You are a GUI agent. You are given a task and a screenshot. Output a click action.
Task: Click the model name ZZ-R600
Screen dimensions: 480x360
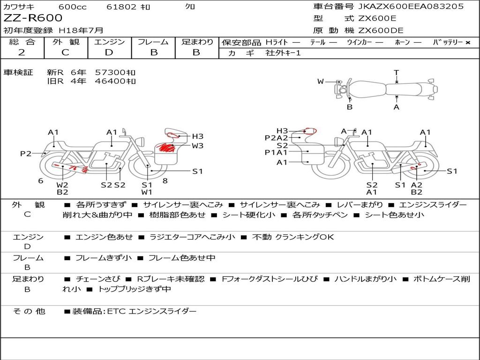click(33, 18)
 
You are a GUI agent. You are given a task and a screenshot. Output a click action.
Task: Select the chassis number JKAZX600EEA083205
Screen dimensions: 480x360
click(411, 7)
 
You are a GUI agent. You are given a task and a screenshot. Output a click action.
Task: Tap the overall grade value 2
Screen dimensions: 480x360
click(22, 52)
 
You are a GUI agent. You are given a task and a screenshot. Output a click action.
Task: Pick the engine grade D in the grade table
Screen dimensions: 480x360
click(109, 52)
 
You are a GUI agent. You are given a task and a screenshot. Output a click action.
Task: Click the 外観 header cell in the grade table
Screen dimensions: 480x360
click(66, 42)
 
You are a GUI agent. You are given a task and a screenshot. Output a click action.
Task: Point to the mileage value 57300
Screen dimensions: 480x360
click(111, 73)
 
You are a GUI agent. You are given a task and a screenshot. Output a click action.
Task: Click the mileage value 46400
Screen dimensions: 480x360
click(111, 81)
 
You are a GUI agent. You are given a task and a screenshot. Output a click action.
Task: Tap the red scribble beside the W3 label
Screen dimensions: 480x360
click(166, 148)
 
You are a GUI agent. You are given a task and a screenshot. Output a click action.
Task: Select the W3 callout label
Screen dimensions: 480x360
click(197, 146)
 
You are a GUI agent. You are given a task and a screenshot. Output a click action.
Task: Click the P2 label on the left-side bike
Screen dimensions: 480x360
click(26, 153)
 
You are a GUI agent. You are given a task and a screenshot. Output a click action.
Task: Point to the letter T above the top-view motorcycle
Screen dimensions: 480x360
click(397, 73)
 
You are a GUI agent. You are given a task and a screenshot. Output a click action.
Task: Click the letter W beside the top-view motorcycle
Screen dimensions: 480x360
click(321, 82)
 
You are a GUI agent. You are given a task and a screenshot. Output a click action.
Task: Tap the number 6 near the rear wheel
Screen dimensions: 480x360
click(41, 181)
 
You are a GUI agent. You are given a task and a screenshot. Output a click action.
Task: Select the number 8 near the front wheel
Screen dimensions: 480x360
click(165, 181)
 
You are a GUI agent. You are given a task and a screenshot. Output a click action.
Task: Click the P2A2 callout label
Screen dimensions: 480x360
click(277, 138)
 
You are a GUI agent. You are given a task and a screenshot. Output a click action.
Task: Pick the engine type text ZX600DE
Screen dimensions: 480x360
click(381, 30)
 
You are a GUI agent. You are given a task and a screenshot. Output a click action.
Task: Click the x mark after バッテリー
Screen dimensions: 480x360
click(468, 43)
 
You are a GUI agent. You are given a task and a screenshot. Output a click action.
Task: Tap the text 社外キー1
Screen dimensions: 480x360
click(283, 53)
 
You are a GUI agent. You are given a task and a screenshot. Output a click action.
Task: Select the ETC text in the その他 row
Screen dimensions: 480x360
click(116, 311)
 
